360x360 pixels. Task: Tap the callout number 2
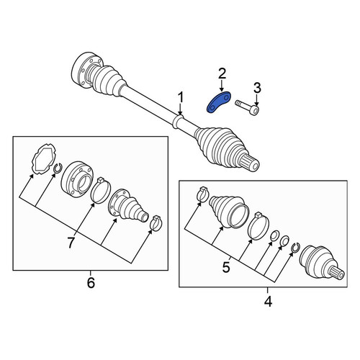(222, 73)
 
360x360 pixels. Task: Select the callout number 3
(257, 88)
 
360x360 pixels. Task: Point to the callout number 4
(268, 301)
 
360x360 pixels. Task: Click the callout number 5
(226, 267)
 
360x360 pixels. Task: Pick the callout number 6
(91, 283)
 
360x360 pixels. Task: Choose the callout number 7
(71, 243)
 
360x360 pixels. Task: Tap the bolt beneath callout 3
(247, 107)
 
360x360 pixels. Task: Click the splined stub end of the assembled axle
(251, 163)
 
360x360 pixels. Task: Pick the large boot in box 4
(228, 211)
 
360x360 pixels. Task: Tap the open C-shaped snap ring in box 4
(296, 248)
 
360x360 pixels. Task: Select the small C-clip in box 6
(58, 168)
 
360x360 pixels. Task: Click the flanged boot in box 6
(128, 206)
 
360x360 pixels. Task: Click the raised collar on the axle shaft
(178, 121)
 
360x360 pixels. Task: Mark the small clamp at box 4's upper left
(202, 194)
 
